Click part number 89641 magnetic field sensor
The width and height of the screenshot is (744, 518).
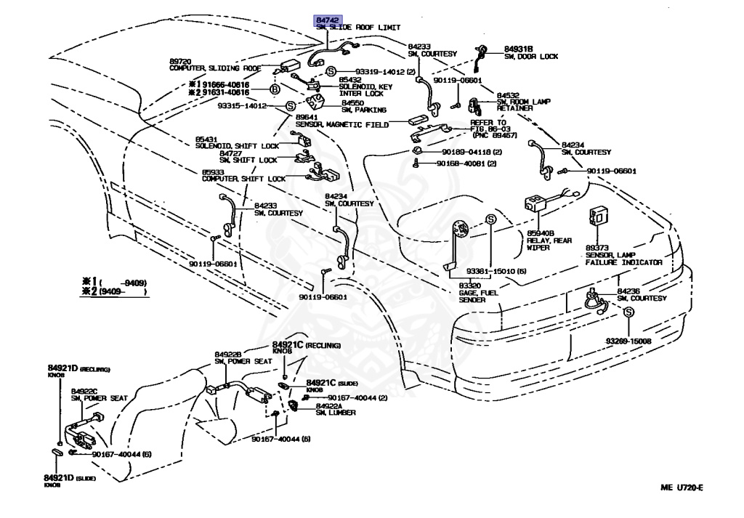coord(306,118)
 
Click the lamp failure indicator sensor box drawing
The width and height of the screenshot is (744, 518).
coord(600,214)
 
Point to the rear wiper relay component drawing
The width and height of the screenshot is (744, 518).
coord(537,204)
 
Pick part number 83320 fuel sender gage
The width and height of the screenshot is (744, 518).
coord(450,286)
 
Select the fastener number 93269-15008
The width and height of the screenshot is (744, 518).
coord(628,341)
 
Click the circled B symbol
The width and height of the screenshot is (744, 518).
coord(275,89)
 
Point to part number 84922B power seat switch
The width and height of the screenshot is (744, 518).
coord(228,354)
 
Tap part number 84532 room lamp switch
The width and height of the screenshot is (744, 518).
coord(508,95)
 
